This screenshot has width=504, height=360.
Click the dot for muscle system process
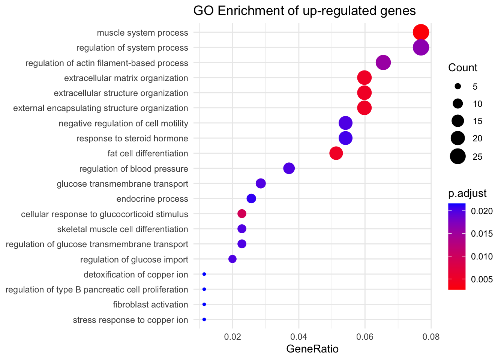(x=421, y=32)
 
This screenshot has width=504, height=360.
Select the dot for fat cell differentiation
(x=336, y=153)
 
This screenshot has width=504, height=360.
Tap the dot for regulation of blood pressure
(x=289, y=168)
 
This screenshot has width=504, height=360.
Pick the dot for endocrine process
(x=251, y=199)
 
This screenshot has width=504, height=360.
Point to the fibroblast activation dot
(x=204, y=304)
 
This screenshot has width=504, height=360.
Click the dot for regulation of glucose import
(x=232, y=259)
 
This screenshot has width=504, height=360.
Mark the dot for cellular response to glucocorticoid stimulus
(x=242, y=214)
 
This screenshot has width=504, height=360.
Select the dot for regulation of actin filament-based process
(x=383, y=63)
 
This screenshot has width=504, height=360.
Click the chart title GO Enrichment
(x=304, y=10)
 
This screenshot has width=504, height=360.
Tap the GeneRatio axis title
(x=312, y=349)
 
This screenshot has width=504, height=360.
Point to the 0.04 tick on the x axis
(x=298, y=336)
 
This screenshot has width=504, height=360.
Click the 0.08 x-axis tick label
(x=431, y=336)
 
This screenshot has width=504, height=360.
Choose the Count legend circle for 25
(x=458, y=156)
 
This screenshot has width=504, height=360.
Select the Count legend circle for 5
(x=458, y=87)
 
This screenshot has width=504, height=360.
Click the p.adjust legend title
(x=467, y=193)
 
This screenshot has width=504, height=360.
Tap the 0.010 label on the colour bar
(x=481, y=256)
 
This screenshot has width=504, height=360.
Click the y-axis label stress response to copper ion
(x=130, y=320)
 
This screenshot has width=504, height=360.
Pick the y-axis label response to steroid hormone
(x=132, y=138)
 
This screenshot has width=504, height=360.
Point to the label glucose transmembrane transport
(x=122, y=184)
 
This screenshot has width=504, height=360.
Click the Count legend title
(x=463, y=68)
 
